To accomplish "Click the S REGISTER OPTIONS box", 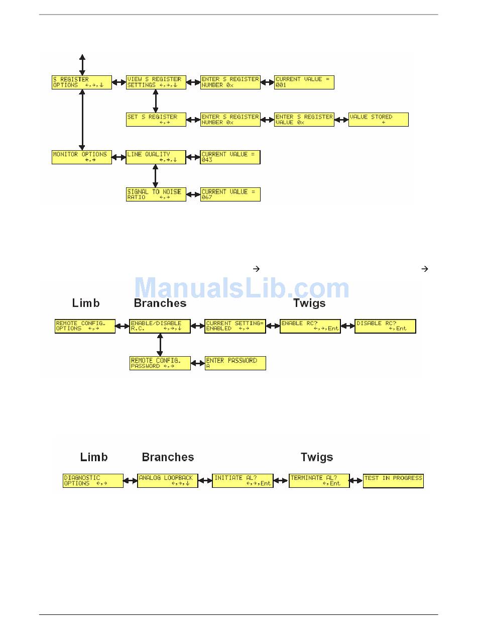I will click(x=82, y=82).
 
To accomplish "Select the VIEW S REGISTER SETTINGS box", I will click(x=156, y=82).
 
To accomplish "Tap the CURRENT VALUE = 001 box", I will click(x=304, y=82).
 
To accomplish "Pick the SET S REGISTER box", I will click(x=156, y=120).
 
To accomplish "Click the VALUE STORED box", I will click(x=378, y=120).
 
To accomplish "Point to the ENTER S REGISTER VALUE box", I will click(x=304, y=120).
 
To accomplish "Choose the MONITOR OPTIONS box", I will click(x=82, y=157).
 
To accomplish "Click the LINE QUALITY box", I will click(x=156, y=157).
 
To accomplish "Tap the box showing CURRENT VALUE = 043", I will click(x=230, y=157).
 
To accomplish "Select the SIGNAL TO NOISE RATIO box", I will click(x=156, y=194).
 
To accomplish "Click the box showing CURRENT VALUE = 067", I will click(x=230, y=194).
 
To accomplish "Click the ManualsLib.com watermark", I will click(x=242, y=288).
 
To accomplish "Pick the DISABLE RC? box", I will click(x=386, y=326).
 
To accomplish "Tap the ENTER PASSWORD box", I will click(x=235, y=363).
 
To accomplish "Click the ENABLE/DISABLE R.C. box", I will click(x=160, y=326).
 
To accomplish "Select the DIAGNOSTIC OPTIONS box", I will click(x=93, y=481).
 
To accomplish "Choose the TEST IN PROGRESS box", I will click(x=393, y=481).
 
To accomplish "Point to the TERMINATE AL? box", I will click(x=319, y=481).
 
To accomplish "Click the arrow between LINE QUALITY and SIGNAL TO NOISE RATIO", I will click(x=155, y=176).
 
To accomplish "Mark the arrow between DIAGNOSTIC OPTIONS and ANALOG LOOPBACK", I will click(x=131, y=481).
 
